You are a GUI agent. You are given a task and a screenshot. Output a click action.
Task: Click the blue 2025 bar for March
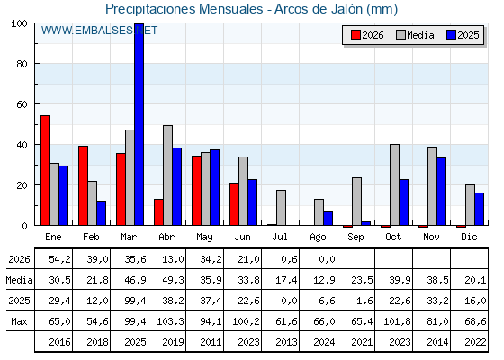[139, 124]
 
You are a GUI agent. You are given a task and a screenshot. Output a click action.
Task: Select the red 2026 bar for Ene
[45, 170]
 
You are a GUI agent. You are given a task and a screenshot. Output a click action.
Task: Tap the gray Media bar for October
[395, 184]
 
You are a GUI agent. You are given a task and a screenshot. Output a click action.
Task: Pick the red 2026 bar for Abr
[158, 212]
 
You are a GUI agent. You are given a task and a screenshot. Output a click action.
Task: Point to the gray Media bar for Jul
[281, 208]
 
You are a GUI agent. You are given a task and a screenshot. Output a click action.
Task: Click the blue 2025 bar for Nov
[442, 192]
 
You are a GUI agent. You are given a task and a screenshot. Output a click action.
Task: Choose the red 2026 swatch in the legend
[355, 35]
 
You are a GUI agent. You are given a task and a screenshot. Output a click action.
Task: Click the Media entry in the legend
[415, 35]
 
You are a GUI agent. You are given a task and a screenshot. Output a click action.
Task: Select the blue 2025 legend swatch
[451, 35]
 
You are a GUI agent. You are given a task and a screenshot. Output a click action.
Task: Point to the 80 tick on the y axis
[22, 64]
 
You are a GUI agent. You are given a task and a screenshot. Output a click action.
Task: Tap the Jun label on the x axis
[242, 238]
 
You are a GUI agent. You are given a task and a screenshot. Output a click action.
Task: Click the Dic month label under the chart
[469, 237]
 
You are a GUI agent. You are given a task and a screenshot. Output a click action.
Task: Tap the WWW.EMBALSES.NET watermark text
[99, 31]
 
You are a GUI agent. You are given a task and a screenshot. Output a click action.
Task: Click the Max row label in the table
[19, 321]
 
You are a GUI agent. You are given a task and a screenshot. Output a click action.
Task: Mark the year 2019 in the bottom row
[173, 342]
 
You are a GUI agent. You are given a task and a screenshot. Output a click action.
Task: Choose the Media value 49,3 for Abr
[173, 280]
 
